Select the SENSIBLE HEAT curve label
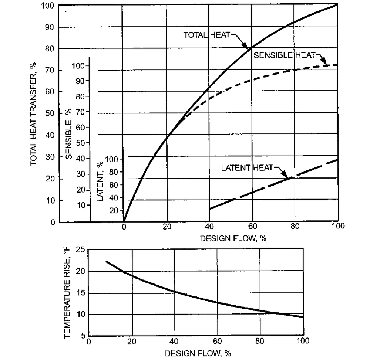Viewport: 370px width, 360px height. coord(283,55)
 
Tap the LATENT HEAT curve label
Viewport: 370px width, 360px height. coord(246,168)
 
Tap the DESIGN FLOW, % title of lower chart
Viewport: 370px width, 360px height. coord(198,353)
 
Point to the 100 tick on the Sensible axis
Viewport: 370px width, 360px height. coord(80,66)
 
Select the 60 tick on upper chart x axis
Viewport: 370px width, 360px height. coord(252,227)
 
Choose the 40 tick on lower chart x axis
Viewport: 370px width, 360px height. coord(174,341)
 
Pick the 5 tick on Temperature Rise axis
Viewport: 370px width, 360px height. coord(82,336)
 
